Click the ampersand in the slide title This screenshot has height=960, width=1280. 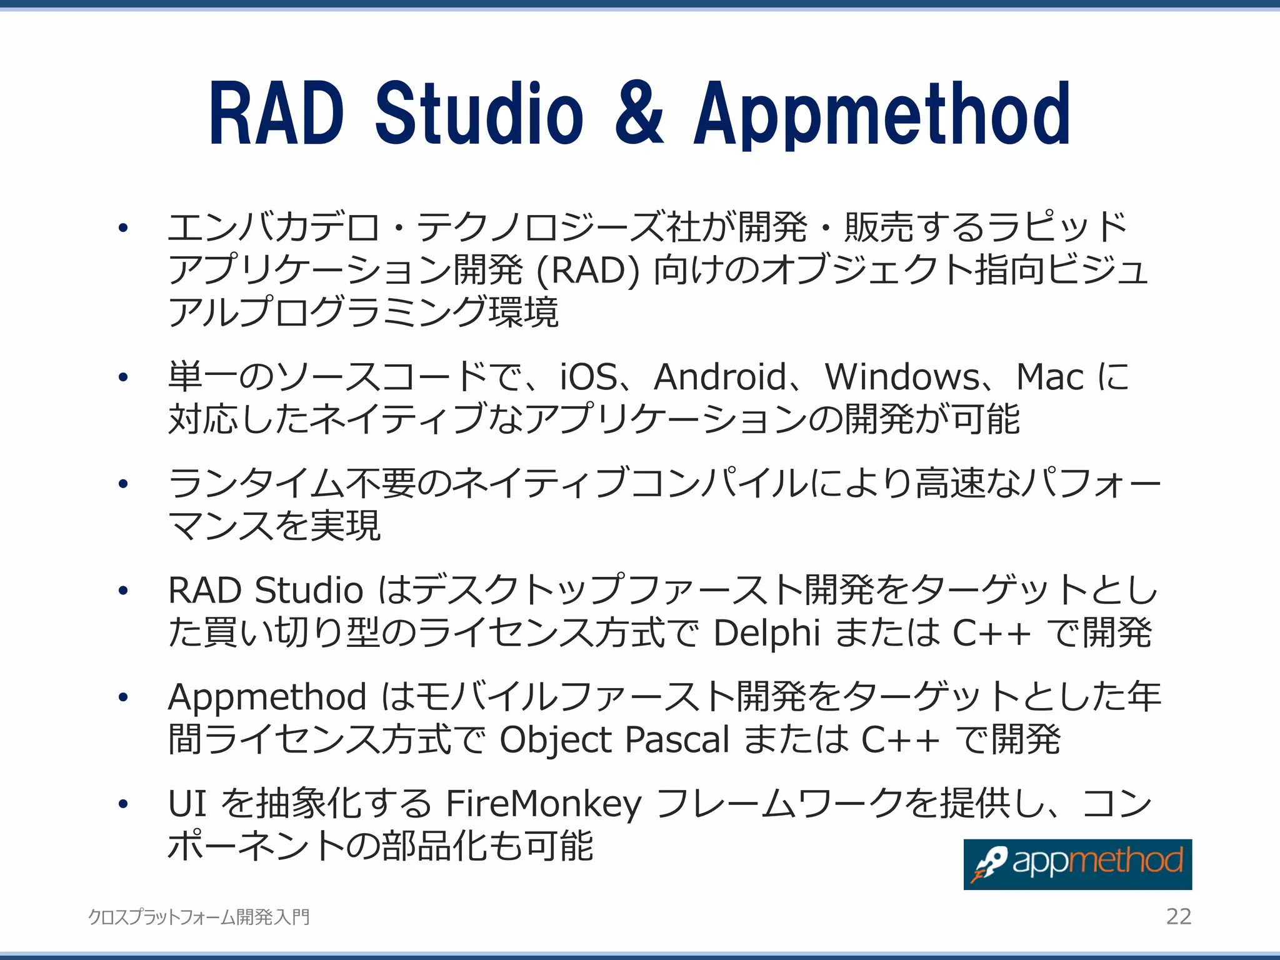pos(639,114)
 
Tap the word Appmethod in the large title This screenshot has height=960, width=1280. pos(882,115)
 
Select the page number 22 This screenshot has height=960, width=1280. pos(1179,916)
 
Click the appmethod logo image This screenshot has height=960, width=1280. pos(1077,864)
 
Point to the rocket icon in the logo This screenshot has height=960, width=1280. pos(988,864)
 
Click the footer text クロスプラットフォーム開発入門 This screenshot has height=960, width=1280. pos(199,917)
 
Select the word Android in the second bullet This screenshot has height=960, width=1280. pos(719,377)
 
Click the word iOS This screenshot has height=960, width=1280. pos(588,377)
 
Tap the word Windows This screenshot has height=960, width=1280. pos(902,377)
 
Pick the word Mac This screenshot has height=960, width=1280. pos(1049,377)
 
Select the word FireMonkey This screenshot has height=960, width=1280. pos(543,804)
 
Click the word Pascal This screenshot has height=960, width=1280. pos(677,740)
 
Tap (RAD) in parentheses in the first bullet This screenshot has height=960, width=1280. pos(588,271)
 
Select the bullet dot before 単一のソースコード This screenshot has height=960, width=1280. pos(123,377)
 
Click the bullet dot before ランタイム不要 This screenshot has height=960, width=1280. pos(123,484)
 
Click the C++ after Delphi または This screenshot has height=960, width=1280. pos(991,633)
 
